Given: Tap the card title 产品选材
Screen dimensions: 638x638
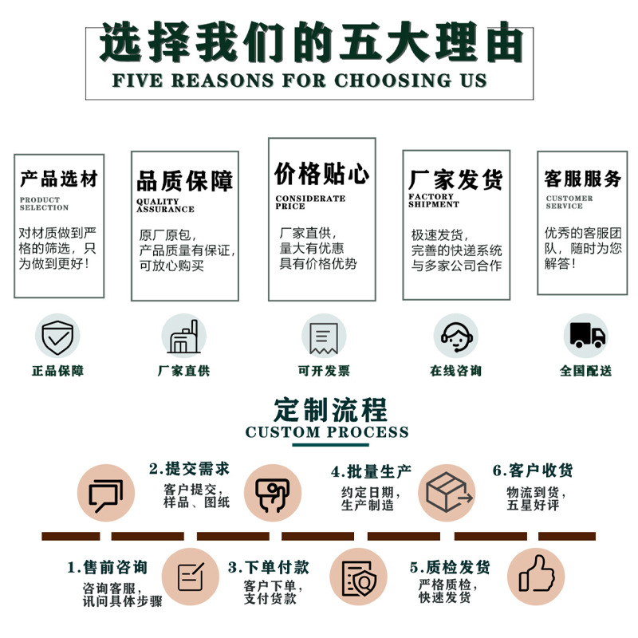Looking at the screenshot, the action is tap(59, 178).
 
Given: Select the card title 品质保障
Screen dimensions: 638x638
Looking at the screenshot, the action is tap(185, 180).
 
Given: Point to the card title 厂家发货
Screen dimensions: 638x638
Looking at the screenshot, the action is tap(455, 179).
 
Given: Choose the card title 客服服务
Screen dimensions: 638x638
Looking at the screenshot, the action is tap(582, 179).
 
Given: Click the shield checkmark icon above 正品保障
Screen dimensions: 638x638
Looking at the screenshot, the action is tap(57, 336).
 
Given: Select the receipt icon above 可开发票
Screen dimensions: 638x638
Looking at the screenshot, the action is tap(323, 336).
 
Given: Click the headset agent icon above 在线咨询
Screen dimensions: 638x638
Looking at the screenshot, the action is tap(455, 336).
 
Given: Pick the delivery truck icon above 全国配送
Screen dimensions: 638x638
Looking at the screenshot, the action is tap(585, 336).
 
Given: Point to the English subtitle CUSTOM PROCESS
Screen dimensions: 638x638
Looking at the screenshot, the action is tap(327, 432).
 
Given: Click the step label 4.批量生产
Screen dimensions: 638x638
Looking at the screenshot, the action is tap(372, 471).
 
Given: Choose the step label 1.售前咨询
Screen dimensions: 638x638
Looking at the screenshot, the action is tap(108, 568).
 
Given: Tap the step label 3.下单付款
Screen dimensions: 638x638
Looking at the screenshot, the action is tap(269, 568).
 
